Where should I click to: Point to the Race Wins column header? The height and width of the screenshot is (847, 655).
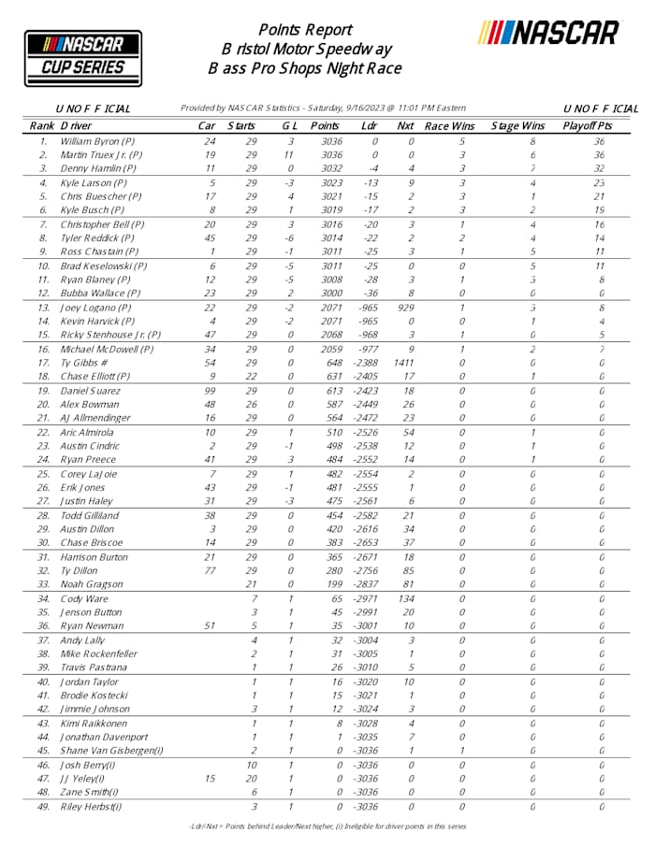tap(449, 125)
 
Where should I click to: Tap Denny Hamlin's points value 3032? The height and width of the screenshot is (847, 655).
tap(325, 169)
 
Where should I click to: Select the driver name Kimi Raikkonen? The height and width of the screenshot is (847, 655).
tap(97, 724)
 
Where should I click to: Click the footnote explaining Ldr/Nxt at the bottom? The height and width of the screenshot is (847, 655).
tap(327, 826)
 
